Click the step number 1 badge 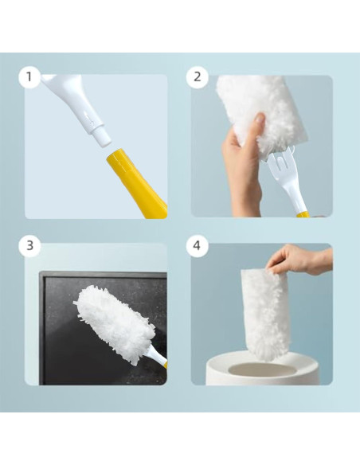point(29,77)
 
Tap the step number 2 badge point(197,77)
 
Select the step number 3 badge point(29,245)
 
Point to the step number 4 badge point(197,245)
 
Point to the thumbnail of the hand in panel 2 point(260,119)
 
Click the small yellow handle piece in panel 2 point(303,214)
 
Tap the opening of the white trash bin point(261,369)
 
